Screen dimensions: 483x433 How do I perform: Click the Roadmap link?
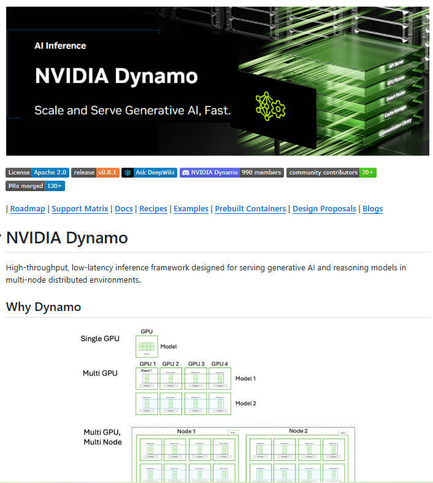tap(28, 209)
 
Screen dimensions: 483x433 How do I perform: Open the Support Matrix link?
tap(80, 209)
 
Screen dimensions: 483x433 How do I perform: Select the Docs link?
tap(124, 209)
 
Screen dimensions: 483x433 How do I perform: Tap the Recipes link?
tap(153, 209)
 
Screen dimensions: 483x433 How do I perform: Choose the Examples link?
tap(191, 209)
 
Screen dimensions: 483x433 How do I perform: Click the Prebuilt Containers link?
tap(250, 209)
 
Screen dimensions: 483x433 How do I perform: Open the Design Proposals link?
tap(324, 209)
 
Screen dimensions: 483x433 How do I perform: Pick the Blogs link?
tap(372, 209)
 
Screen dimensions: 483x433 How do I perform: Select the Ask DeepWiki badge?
tap(149, 173)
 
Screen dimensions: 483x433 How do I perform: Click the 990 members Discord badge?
tap(231, 173)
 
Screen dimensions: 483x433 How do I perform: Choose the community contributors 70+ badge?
tap(331, 173)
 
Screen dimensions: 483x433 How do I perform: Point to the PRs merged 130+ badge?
tap(35, 186)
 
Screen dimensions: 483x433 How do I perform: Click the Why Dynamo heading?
tap(44, 307)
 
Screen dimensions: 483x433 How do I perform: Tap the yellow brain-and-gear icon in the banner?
tap(270, 106)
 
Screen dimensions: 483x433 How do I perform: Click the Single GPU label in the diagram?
tap(100, 339)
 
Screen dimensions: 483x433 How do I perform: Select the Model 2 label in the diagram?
tap(245, 403)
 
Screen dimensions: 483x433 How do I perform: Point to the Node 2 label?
tap(298, 431)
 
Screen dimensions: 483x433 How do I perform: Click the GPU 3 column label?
tap(196, 364)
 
